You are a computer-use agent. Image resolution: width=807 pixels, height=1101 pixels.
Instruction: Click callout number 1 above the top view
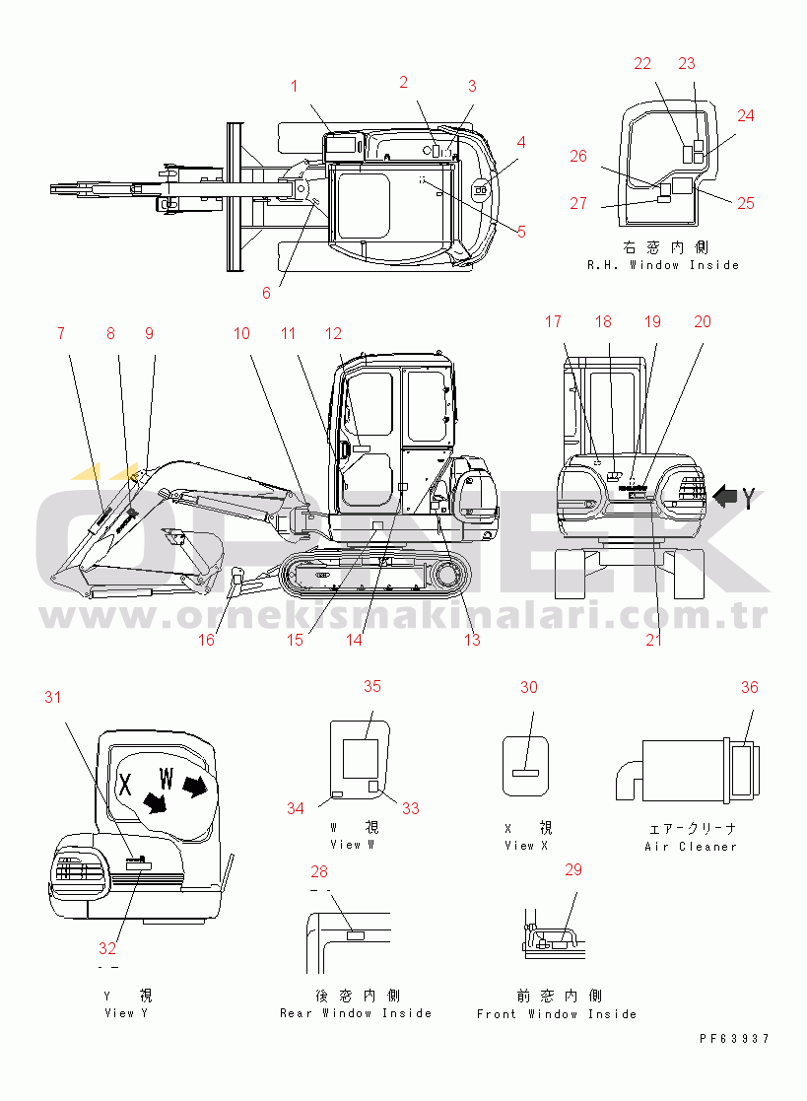[x=294, y=86]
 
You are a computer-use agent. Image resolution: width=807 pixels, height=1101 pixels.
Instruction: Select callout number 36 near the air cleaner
[x=750, y=687]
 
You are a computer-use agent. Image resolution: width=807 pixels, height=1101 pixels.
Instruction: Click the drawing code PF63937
[x=734, y=1038]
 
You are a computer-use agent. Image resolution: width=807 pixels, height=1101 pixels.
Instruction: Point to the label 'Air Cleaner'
[x=691, y=847]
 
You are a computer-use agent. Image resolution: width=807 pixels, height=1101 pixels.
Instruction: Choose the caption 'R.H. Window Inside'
[x=663, y=265]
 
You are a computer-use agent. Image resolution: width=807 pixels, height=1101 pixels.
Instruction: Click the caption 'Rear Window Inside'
[x=356, y=1013]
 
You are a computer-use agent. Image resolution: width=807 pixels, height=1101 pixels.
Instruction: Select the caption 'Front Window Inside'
[x=557, y=1013]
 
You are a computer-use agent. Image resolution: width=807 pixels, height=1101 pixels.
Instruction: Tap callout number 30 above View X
[x=529, y=687]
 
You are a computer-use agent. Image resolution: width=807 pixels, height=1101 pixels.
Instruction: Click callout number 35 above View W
[x=371, y=686]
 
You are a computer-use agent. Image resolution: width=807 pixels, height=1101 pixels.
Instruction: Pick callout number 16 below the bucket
[x=205, y=640]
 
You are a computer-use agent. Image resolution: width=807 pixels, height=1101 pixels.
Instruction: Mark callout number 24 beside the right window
[x=746, y=115]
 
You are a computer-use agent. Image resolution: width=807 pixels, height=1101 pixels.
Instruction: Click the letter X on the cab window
[x=125, y=785]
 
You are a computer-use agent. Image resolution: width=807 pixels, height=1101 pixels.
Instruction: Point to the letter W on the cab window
[x=167, y=783]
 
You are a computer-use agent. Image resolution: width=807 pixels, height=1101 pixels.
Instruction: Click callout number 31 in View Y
[x=52, y=698]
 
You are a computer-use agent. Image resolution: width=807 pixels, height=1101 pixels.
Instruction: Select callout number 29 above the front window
[x=573, y=869]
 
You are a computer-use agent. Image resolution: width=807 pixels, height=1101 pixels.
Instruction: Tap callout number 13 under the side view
[x=472, y=640]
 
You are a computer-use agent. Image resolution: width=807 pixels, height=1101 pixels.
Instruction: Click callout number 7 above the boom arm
[x=61, y=333]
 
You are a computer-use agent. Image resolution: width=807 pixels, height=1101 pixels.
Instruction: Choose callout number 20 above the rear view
[x=702, y=322]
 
